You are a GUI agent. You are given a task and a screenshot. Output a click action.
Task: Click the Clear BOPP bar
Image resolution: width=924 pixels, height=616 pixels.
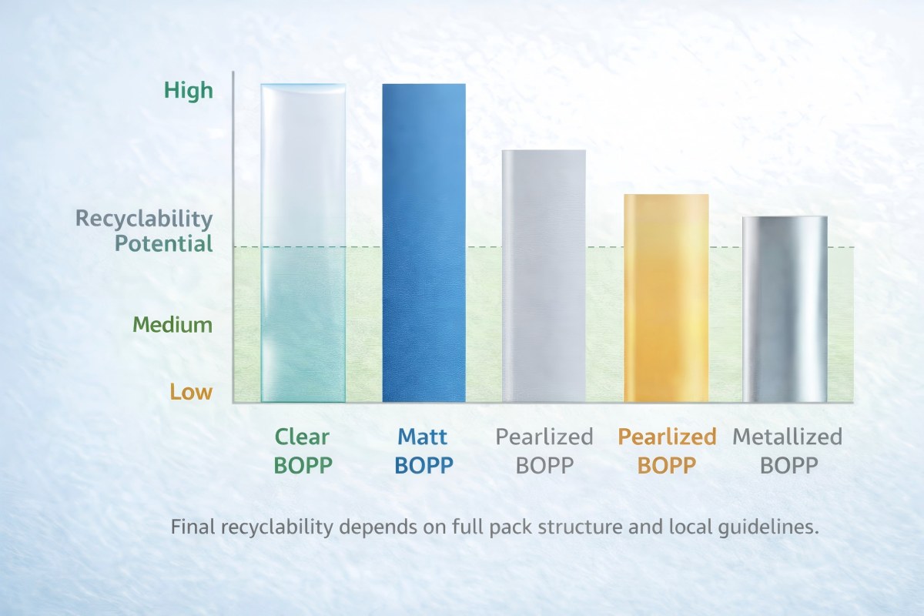[x=303, y=243]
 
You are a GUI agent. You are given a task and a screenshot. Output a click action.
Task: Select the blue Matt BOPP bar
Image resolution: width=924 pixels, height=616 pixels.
[x=424, y=243]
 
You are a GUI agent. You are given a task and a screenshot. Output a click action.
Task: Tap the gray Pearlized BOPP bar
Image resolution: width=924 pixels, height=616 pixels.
[x=544, y=276]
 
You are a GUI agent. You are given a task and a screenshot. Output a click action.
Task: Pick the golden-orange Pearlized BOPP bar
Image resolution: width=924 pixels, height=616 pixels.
[x=666, y=298]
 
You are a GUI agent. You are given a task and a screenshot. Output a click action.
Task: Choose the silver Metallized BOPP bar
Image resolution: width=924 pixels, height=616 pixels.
[x=785, y=309]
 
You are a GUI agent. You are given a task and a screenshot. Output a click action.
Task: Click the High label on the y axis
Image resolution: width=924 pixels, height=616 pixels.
[x=188, y=91]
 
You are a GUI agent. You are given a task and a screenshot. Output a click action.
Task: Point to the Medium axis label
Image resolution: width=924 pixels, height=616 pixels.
[x=172, y=324]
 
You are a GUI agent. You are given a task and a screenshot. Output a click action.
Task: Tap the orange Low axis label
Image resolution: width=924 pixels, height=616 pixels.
[x=191, y=392]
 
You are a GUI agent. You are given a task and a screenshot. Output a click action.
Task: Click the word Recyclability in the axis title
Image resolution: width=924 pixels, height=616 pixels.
[x=144, y=219]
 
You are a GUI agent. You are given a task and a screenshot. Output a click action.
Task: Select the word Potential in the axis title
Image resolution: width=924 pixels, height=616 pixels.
[x=163, y=245]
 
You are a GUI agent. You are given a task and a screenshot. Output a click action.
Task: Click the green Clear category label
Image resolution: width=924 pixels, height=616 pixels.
[x=302, y=437]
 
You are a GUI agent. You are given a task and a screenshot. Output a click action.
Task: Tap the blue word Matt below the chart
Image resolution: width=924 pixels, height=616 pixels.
[x=423, y=437]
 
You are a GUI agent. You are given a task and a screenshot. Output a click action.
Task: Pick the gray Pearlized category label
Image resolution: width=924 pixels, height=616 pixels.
[x=544, y=437]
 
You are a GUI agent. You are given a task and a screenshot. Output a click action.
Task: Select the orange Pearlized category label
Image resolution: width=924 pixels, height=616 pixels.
[x=667, y=437]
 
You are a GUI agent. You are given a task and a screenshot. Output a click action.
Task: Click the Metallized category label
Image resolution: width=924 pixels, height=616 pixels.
[x=788, y=437]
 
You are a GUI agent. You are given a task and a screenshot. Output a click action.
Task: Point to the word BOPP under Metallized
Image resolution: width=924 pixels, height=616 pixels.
[x=788, y=466]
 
